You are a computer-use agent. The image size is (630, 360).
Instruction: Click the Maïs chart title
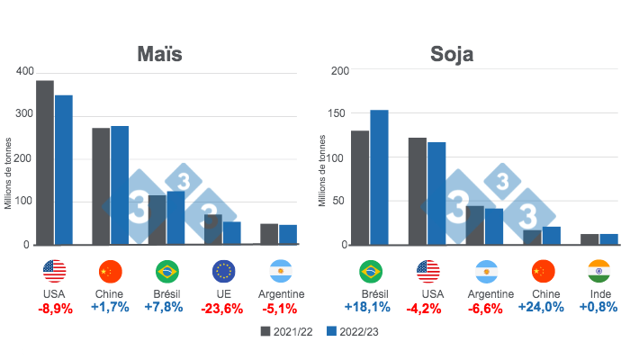159,54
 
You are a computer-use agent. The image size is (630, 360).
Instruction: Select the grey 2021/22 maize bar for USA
45,162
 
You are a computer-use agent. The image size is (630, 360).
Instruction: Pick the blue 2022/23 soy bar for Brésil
379,176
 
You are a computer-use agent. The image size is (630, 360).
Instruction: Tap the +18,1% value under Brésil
369,308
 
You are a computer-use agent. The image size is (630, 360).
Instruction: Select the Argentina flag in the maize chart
280,271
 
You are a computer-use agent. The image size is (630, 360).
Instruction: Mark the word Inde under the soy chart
598,293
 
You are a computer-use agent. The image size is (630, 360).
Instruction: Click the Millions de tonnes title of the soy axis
322,171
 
